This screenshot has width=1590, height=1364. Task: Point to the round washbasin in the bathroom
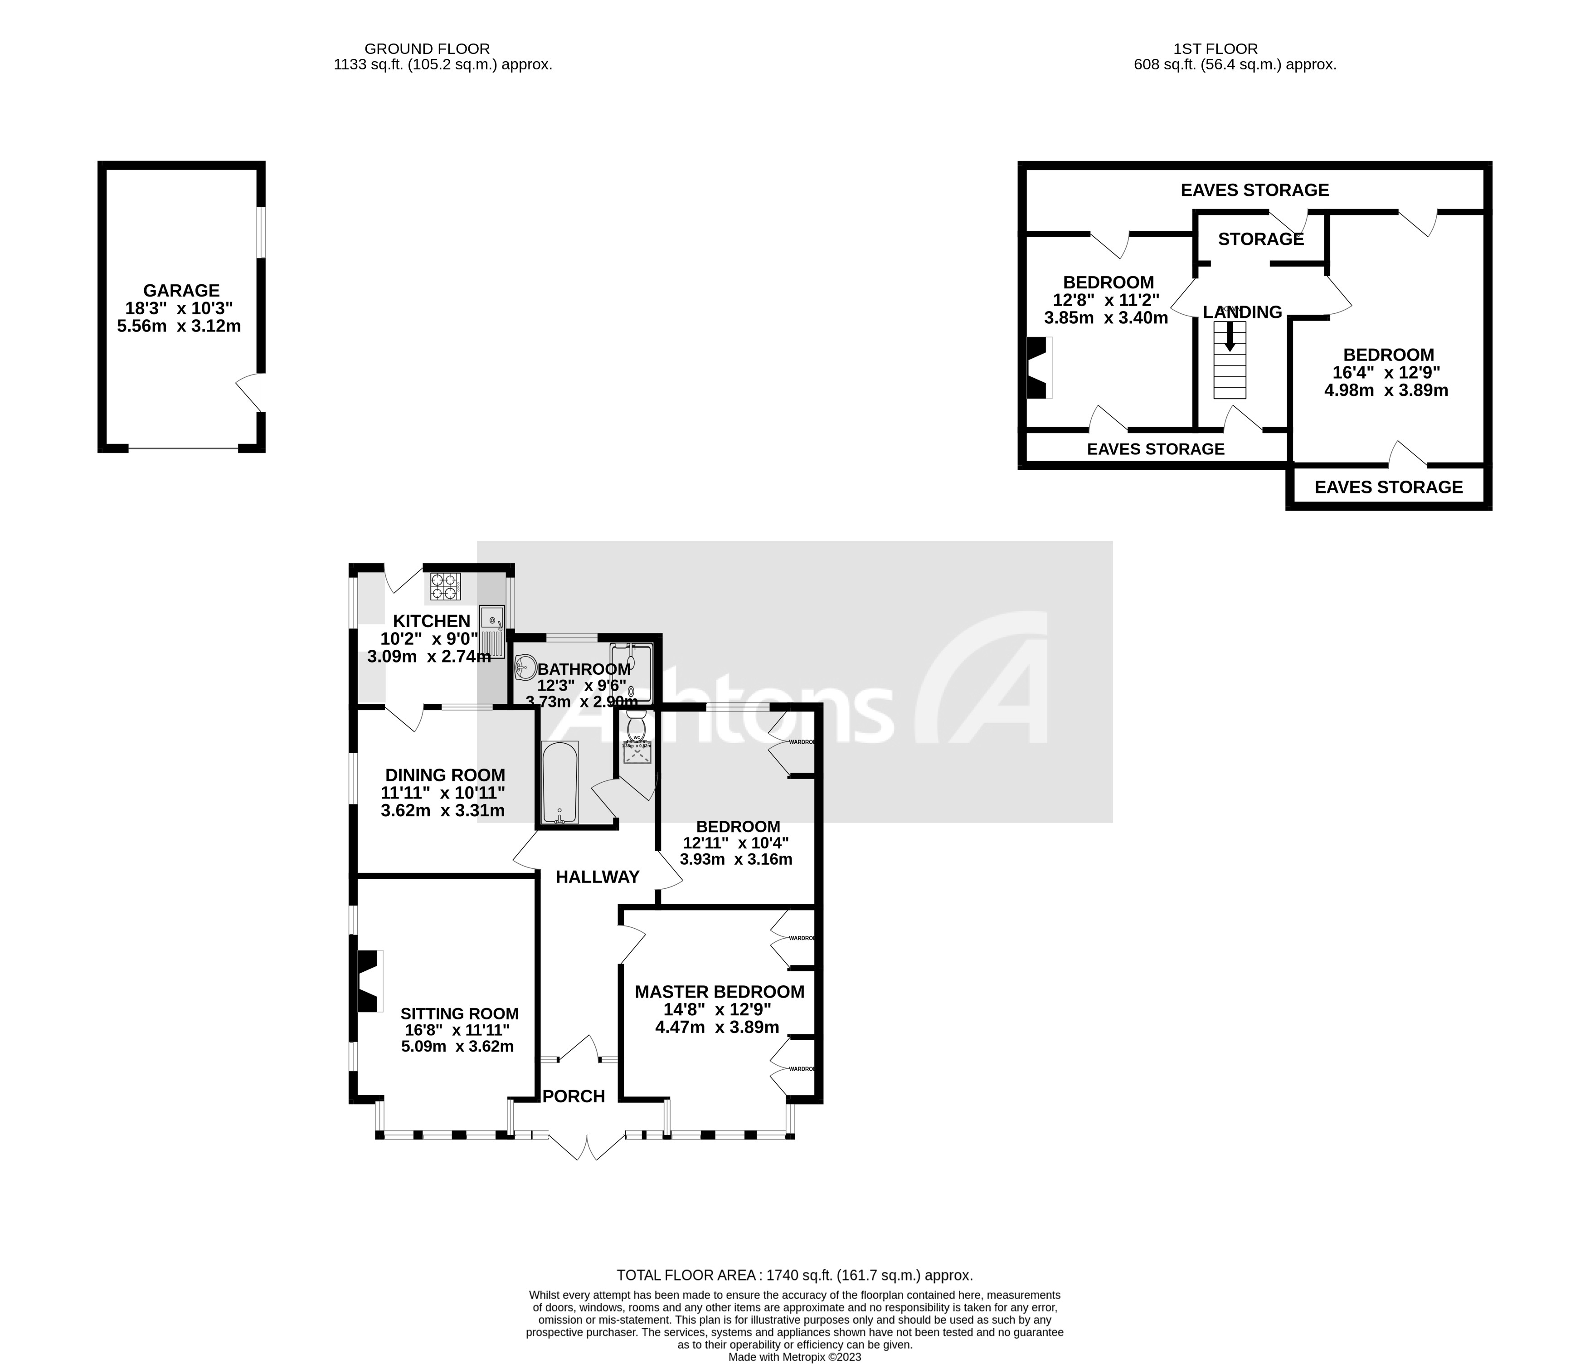525,667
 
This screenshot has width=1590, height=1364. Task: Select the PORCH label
574,1096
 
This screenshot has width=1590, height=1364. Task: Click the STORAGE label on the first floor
1261,239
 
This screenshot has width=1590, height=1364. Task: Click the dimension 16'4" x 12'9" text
1386,373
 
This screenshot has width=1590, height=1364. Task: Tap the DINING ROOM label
445,775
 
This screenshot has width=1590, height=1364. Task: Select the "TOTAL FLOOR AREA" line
794,1276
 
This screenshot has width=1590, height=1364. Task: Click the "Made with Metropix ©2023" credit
794,1357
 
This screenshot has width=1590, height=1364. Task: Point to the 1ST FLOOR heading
1216,49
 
